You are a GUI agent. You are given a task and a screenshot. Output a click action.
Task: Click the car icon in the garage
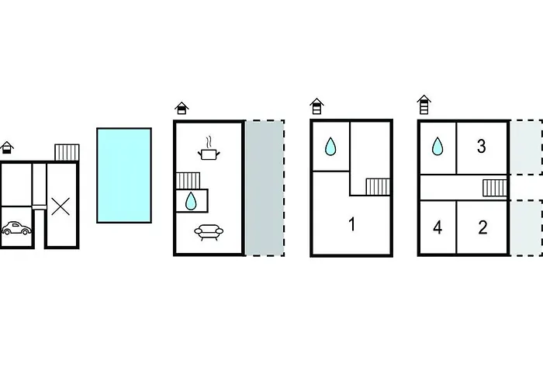[x=16, y=228]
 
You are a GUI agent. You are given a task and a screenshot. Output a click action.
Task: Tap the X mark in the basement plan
[x=61, y=206]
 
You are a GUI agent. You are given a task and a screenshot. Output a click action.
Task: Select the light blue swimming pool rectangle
[x=124, y=175]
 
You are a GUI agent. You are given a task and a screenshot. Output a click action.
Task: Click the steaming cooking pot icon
[x=209, y=149]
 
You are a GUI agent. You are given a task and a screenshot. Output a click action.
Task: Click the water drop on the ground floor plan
[x=191, y=201]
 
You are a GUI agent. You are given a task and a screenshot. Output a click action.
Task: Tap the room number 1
[x=352, y=224]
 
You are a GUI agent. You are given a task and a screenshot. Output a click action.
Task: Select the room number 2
[x=482, y=227]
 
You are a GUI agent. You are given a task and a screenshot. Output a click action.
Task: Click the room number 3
[x=482, y=146]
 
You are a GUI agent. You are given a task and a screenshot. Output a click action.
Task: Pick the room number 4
[x=438, y=227]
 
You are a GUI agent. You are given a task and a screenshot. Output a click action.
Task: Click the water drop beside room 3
[x=438, y=146]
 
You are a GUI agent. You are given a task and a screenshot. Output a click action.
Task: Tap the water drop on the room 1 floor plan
[x=330, y=146]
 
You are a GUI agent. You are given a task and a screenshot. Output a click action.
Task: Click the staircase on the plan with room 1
[x=378, y=187]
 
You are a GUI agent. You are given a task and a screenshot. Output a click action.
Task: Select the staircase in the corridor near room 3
[x=495, y=188]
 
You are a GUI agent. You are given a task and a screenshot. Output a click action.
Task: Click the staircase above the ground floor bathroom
[x=188, y=181]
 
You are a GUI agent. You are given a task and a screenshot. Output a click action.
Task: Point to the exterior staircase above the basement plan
[x=67, y=152]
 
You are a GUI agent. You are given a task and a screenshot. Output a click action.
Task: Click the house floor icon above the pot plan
[x=182, y=108]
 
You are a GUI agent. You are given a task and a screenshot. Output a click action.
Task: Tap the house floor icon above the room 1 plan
[x=316, y=106]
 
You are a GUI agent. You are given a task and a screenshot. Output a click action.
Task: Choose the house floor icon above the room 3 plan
[x=424, y=105]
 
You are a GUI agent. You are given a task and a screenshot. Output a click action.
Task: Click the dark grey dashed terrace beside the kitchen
[x=265, y=188]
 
